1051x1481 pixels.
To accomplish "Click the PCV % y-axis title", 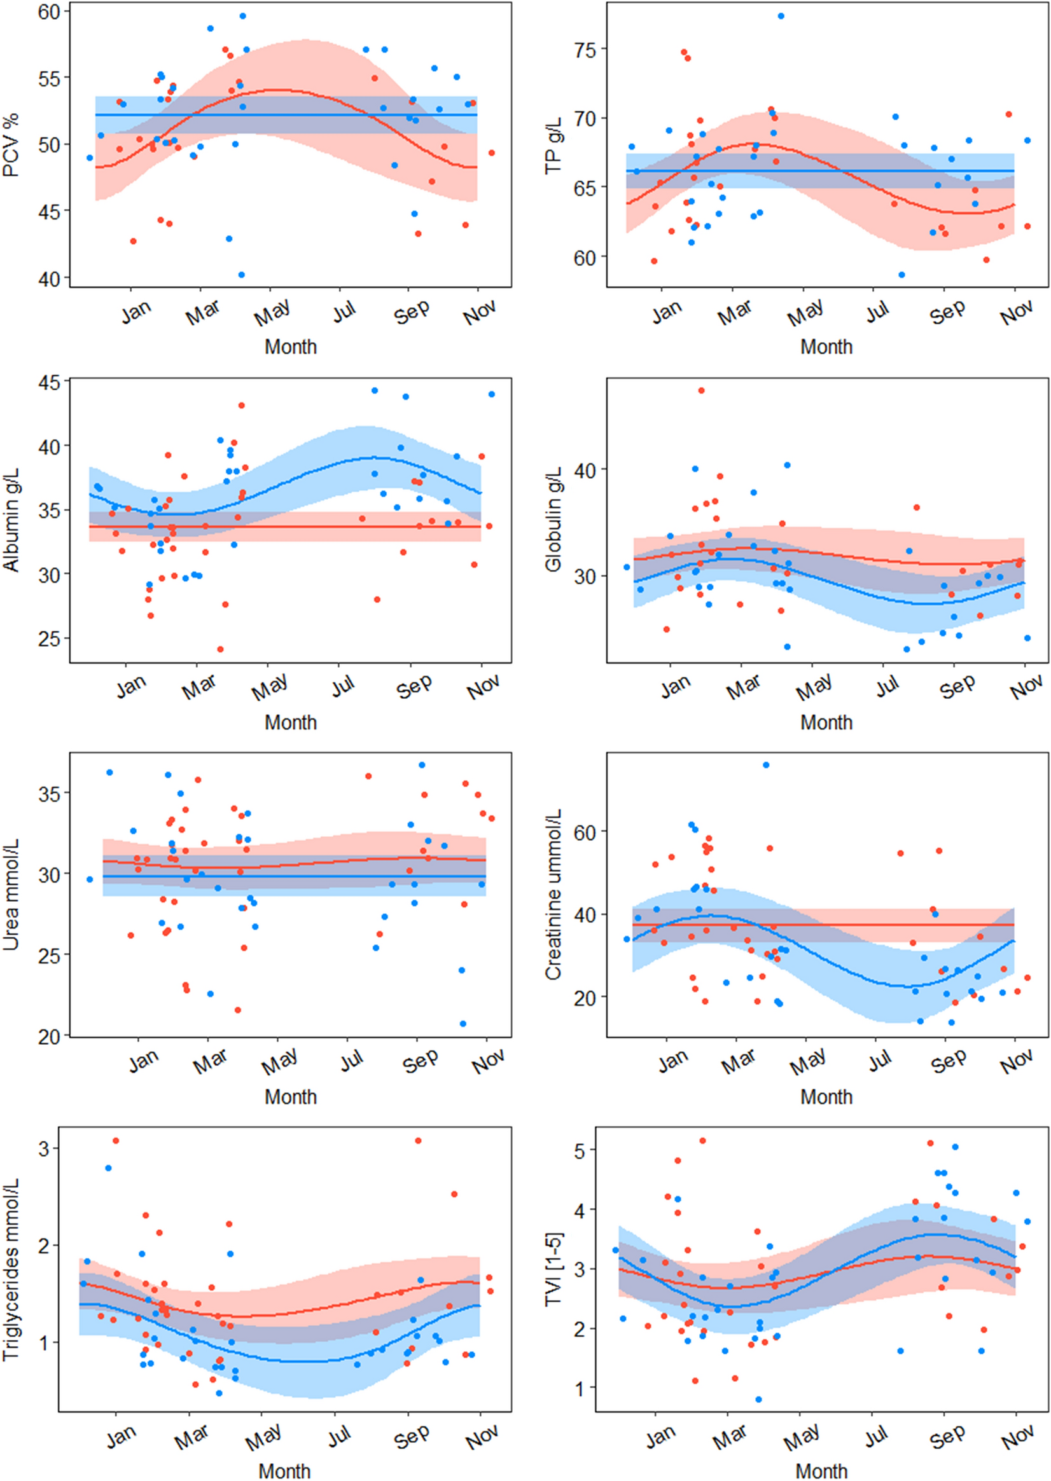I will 11,145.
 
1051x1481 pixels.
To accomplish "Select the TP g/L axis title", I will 554,145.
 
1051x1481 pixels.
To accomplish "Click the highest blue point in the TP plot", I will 781,16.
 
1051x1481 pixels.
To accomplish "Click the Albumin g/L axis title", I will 11,521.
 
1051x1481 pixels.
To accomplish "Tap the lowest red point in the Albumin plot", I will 220,649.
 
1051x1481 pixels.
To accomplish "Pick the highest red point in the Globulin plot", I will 702,390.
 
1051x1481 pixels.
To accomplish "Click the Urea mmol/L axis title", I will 11,895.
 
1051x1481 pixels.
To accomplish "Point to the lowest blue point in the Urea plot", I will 463,1024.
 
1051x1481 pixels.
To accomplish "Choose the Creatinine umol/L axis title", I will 554,895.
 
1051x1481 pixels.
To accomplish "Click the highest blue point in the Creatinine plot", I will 766,765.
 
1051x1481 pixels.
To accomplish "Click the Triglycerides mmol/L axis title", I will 11,1269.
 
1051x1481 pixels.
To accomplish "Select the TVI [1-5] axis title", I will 554,1269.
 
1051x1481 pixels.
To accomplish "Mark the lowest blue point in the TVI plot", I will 758,1400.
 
